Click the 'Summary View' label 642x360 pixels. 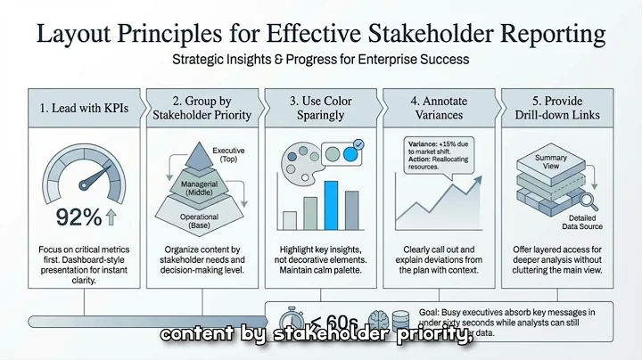tap(550, 163)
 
